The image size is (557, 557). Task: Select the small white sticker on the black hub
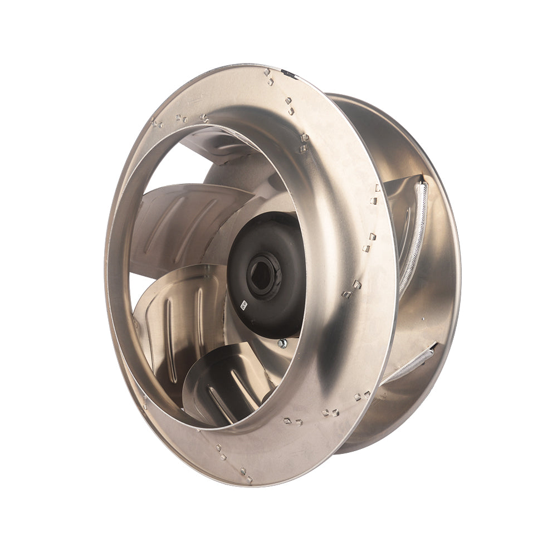tap(243, 305)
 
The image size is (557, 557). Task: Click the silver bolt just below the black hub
tap(282, 343)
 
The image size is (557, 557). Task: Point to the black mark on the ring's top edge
tap(289, 72)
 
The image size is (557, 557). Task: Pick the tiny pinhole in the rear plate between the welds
tap(423, 319)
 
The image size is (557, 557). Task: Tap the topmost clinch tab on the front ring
tap(267, 72)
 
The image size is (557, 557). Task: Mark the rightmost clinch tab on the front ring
tap(378, 188)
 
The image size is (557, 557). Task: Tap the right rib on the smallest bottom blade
tap(245, 384)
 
